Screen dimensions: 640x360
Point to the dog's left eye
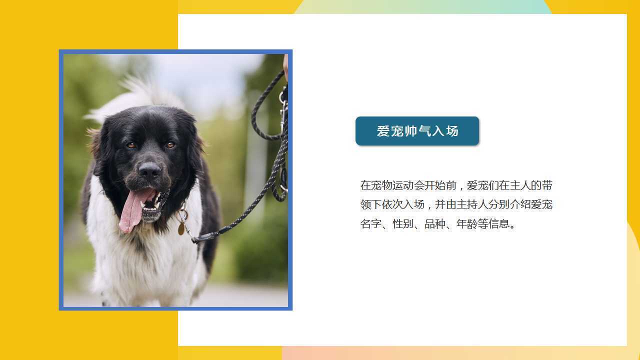coord(170,145)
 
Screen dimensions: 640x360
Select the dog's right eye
coord(131,145)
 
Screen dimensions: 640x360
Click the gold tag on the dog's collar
coord(181,228)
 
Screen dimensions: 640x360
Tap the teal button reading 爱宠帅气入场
coord(417,131)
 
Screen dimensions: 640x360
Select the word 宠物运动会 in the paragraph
coord(397,185)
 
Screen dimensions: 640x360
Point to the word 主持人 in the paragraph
coord(472,204)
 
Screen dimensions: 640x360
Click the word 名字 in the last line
coord(371,223)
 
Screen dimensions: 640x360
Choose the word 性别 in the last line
coord(403,223)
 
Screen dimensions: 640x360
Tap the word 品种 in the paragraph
coord(435,223)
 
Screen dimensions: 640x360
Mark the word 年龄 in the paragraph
coord(467,223)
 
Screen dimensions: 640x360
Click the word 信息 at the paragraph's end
coord(499,223)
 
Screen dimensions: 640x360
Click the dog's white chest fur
coord(143,257)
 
